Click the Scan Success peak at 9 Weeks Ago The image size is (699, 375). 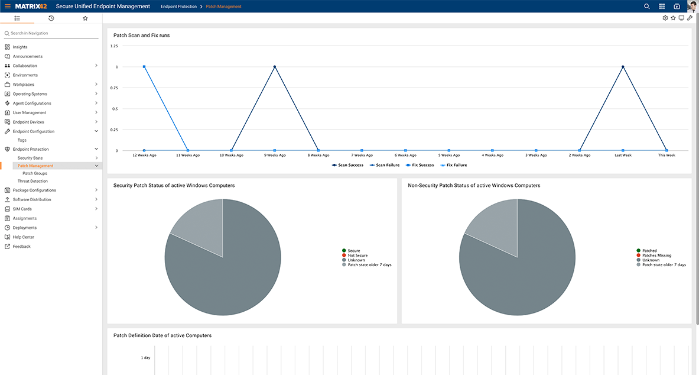(x=275, y=67)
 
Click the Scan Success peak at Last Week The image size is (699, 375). (x=623, y=67)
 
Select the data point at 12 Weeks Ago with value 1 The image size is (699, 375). (x=144, y=67)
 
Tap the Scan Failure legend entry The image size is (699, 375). (x=387, y=165)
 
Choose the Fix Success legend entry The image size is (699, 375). (x=422, y=165)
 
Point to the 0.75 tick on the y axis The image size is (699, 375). (x=115, y=88)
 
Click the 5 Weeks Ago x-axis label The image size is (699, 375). (x=448, y=155)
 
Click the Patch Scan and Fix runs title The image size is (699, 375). (x=141, y=35)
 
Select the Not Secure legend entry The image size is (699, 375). (x=357, y=256)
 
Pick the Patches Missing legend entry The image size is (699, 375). (x=656, y=256)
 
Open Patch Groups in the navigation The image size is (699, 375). (x=35, y=173)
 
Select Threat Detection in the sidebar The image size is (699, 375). (x=32, y=181)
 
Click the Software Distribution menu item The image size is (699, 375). (x=32, y=199)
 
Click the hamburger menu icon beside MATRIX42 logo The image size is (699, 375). (x=8, y=6)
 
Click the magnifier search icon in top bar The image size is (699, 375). (x=647, y=6)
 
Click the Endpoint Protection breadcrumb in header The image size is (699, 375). (x=178, y=6)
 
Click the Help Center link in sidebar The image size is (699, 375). (x=24, y=237)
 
